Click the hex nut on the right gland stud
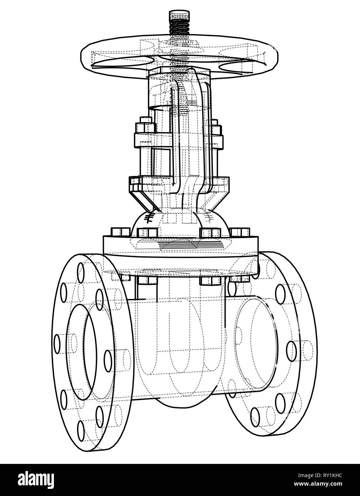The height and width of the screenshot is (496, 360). tap(215, 128)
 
